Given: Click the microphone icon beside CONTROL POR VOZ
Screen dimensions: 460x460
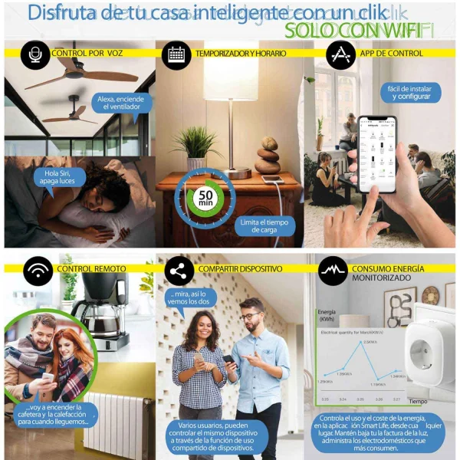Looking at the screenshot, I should point(34,54).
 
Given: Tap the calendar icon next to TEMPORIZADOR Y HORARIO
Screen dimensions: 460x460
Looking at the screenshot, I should point(176,54).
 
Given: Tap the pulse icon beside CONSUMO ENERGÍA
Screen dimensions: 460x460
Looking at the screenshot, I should point(331,270).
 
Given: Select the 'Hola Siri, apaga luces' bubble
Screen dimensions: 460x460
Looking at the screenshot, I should point(58,177).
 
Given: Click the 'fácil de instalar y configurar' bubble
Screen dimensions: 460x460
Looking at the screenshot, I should point(404,93).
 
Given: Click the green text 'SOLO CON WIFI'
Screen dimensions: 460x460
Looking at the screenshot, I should point(357,31).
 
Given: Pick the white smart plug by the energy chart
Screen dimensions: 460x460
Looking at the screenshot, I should point(427,353).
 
